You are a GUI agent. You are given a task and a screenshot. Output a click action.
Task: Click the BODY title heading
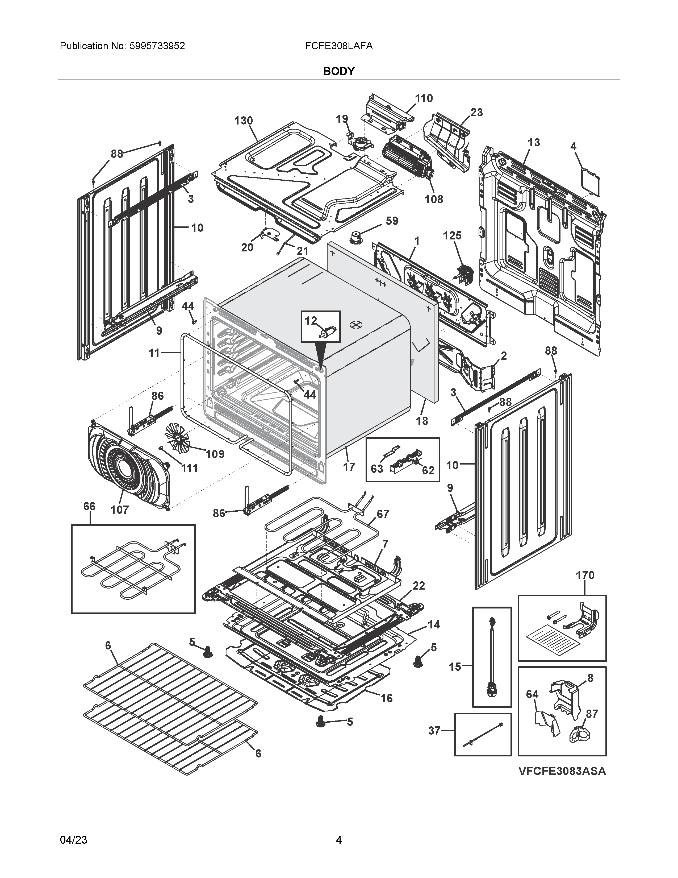[x=338, y=71]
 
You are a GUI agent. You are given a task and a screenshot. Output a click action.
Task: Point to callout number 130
[x=243, y=121]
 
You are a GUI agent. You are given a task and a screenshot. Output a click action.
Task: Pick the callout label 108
[x=434, y=199]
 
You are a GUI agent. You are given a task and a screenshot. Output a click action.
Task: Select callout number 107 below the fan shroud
[x=119, y=510]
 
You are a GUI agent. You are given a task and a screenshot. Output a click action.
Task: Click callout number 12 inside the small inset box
[x=311, y=321]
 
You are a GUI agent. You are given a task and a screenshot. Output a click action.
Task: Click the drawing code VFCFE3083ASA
[x=562, y=771]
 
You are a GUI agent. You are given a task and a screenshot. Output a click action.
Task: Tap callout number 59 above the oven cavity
[x=392, y=221]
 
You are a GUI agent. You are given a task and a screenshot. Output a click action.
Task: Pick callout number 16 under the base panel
[x=386, y=698]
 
